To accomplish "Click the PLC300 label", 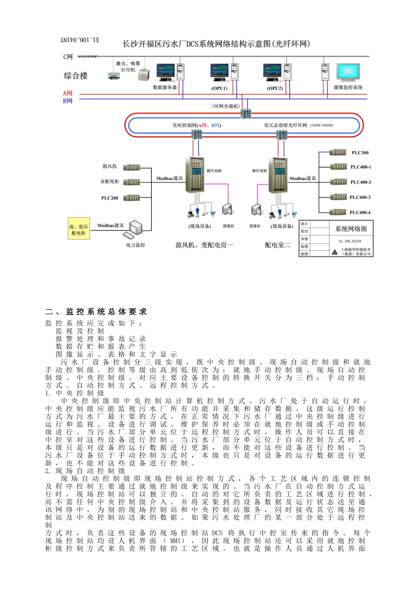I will pyautogui.click(x=360, y=153).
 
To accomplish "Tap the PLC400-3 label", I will pyautogui.click(x=360, y=197).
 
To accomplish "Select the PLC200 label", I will pyautogui.click(x=109, y=198).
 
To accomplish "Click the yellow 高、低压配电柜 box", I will pyautogui.click(x=79, y=229).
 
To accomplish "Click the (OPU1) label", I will pyautogui.click(x=219, y=88).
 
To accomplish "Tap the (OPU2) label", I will pyautogui.click(x=275, y=88).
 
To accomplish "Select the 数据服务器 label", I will pyautogui.click(x=165, y=87).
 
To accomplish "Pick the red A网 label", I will pyautogui.click(x=67, y=94).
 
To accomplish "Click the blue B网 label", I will pyautogui.click(x=67, y=101).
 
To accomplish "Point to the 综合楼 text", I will pyautogui.click(x=76, y=75).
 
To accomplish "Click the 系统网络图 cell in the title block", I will pyautogui.click(x=351, y=229).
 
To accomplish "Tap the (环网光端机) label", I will pyautogui.click(x=226, y=106).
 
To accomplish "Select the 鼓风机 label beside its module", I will pyautogui.click(x=109, y=166).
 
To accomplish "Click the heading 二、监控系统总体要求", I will pyautogui.click(x=96, y=312).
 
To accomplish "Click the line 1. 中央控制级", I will pyautogui.click(x=75, y=393).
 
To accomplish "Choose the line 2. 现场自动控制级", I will pyautogui.click(x=85, y=471).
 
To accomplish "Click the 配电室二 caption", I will pyautogui.click(x=277, y=245).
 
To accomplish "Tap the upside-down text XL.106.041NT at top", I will pyautogui.click(x=80, y=40).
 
